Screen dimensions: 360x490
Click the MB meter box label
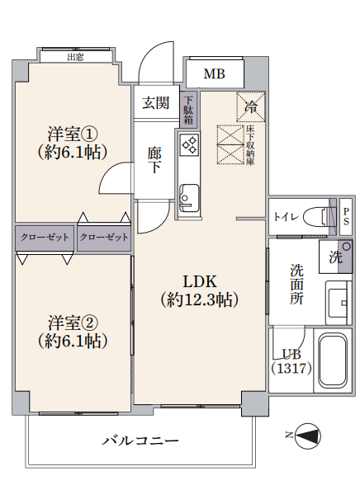click(214, 74)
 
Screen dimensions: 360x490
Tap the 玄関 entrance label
click(155, 103)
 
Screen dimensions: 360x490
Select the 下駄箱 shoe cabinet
click(188, 110)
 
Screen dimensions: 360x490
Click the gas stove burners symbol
click(190, 144)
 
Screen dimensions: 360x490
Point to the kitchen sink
click(189, 198)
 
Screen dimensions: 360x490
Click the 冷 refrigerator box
click(251, 107)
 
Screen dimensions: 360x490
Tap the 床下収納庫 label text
click(250, 144)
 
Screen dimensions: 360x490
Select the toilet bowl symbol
click(316, 217)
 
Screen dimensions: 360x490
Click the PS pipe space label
click(346, 217)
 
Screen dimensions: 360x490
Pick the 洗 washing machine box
click(335, 257)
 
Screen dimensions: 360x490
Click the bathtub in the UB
click(332, 360)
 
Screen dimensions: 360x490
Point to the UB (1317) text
click(291, 362)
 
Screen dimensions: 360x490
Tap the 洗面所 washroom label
click(296, 284)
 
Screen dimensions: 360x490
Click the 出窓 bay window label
click(76, 57)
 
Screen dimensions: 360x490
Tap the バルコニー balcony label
click(140, 441)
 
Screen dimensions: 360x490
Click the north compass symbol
click(308, 436)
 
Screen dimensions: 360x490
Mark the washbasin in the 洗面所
click(339, 303)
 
